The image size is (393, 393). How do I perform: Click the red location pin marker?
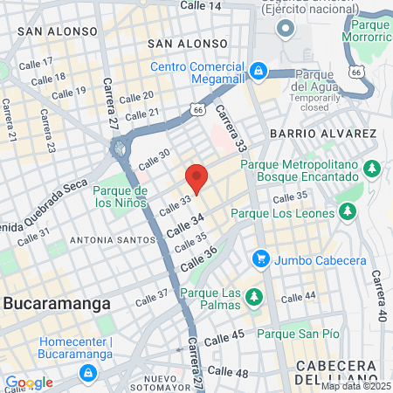(196, 177)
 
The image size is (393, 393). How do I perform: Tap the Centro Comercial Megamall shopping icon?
(258, 69)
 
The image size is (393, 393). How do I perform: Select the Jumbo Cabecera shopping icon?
(260, 259)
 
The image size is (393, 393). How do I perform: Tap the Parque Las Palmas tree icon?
(254, 298)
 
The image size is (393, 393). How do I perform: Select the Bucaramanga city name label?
(57, 304)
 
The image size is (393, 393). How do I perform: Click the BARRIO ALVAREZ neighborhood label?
(323, 134)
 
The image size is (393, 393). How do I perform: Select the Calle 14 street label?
(200, 5)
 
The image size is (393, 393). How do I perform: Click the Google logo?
(29, 383)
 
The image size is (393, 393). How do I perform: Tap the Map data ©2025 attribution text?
(355, 385)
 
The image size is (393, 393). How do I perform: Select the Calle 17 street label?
(37, 64)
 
